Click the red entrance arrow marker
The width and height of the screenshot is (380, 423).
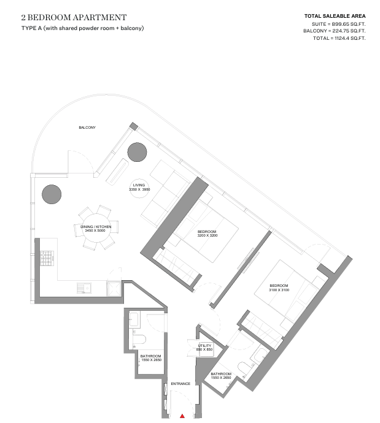pos(182,416)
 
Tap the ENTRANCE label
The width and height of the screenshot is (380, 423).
pos(180,384)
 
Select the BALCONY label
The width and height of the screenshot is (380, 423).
pos(87,128)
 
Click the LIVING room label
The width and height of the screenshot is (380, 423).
pos(139,185)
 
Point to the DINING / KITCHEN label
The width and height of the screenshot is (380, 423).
pos(96,227)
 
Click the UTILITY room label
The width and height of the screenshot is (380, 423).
pos(204,346)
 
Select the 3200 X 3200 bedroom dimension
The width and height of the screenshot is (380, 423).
pos(207,235)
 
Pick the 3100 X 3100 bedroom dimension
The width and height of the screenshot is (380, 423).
pos(279,290)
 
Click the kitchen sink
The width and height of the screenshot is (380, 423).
pos(84,288)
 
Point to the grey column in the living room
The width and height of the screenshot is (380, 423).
pos(137,152)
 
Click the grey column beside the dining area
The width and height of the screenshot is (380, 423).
pos(52,194)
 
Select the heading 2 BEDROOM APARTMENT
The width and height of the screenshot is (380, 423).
pos(74,18)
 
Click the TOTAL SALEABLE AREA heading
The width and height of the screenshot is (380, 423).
pos(335,16)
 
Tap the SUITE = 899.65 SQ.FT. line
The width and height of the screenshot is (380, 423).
pos(339,24)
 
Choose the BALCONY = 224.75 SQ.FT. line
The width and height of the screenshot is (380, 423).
pos(335,31)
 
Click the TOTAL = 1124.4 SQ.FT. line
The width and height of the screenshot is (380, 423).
pos(339,38)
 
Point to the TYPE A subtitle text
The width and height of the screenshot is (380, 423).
pos(82,28)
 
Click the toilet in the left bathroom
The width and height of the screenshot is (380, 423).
pos(139,340)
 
